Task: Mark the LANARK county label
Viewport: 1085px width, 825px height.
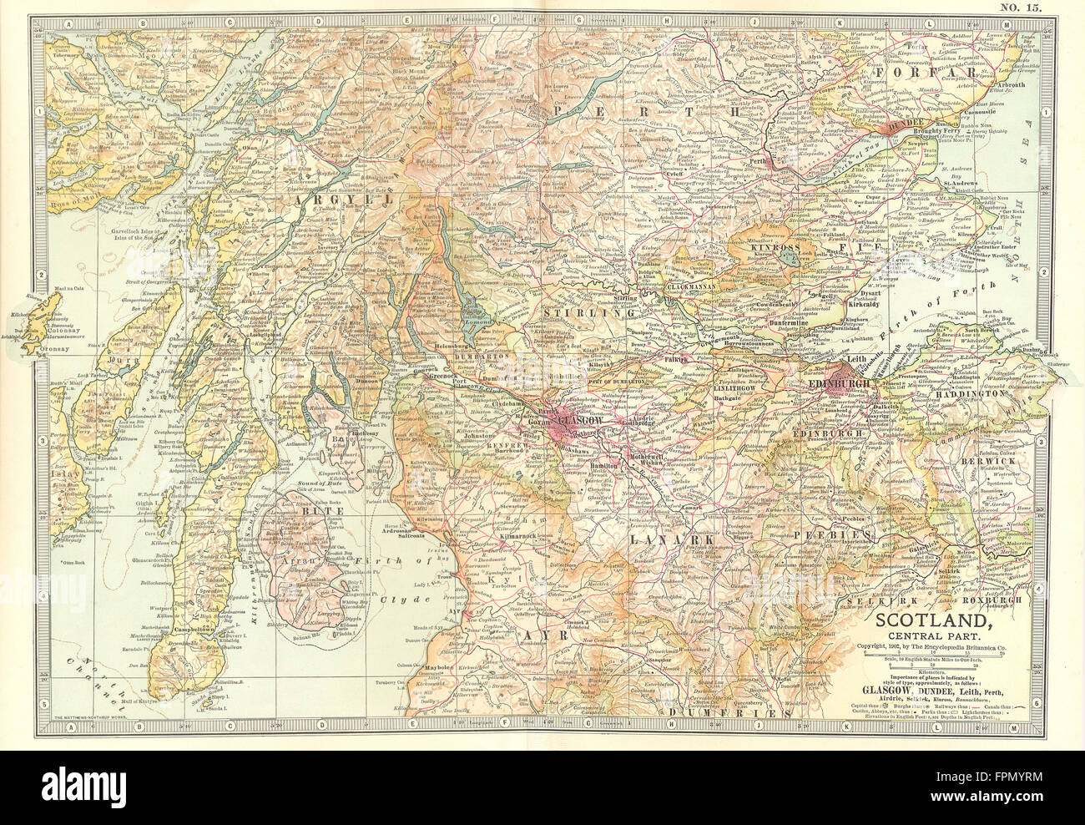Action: pyautogui.click(x=661, y=540)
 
